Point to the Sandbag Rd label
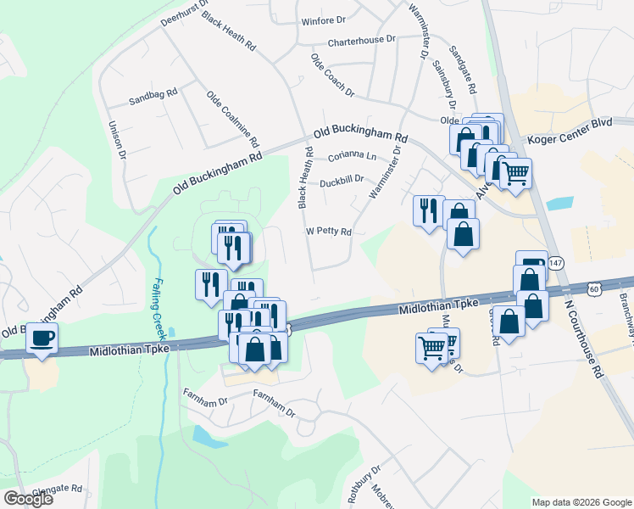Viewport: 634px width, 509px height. click(153, 97)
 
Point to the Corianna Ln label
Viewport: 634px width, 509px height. click(352, 156)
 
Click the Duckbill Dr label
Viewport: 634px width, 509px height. click(342, 181)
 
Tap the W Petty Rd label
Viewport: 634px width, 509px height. click(328, 232)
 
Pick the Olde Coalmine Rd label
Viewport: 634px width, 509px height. click(231, 117)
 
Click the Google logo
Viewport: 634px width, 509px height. click(28, 499)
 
